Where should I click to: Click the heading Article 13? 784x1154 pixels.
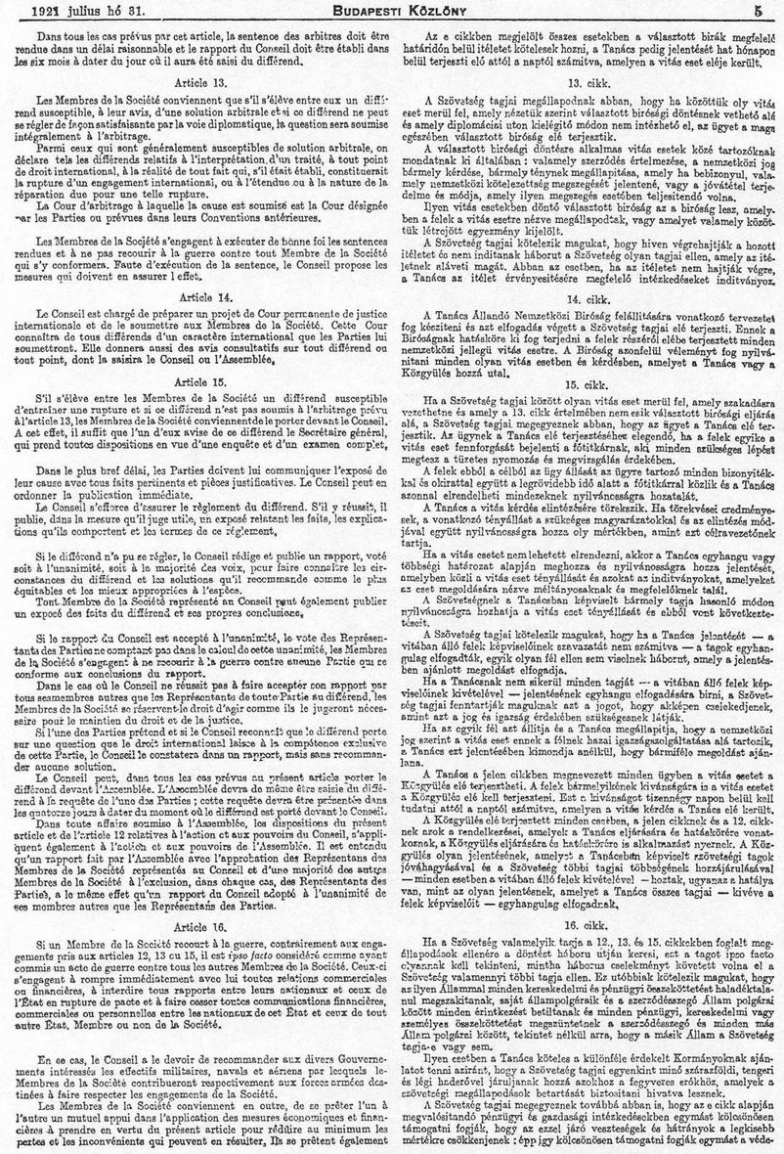tap(198, 83)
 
